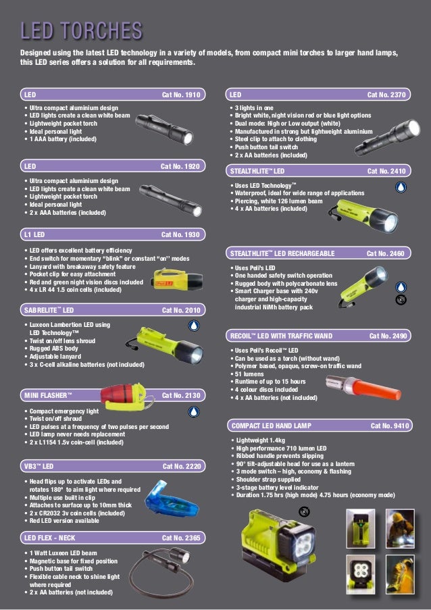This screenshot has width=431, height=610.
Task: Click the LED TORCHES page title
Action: [81, 30]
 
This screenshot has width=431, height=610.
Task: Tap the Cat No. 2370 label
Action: [386, 95]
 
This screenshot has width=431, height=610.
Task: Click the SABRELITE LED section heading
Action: [49, 310]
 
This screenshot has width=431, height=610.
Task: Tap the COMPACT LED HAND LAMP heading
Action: [271, 426]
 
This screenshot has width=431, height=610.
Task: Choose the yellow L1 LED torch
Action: [169, 278]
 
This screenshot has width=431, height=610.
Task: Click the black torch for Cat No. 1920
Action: [170, 201]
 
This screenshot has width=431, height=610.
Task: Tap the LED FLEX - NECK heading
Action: [49, 538]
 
